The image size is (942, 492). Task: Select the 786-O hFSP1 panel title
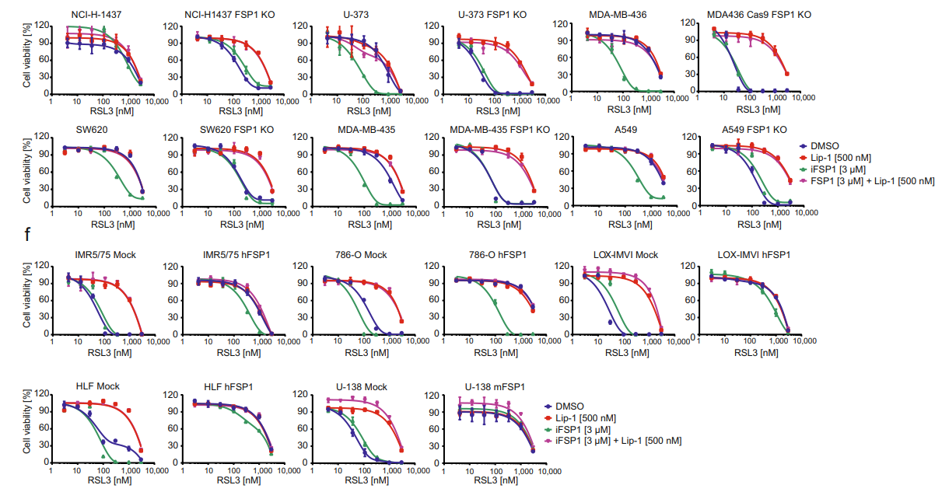(489, 255)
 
